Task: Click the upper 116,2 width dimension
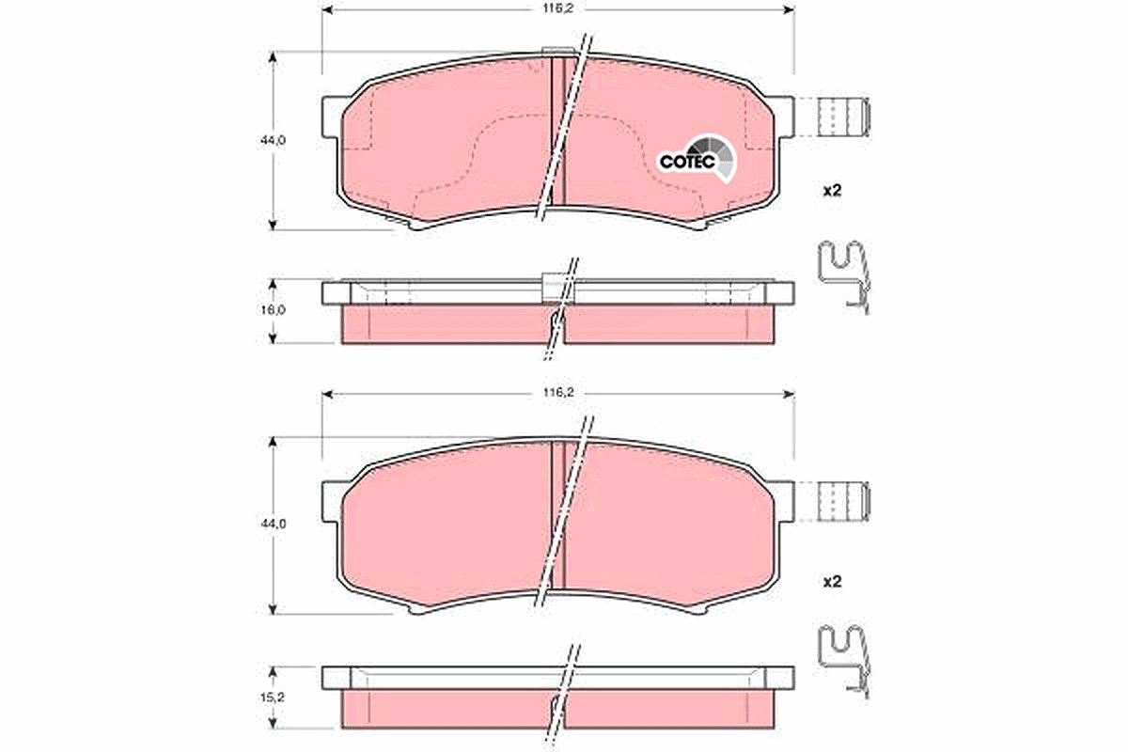point(558,9)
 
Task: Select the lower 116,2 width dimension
point(558,393)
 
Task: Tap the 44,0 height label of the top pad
point(273,140)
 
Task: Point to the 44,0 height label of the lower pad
point(273,525)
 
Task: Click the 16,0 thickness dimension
point(273,310)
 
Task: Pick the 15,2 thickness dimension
point(273,697)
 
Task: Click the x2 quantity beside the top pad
point(832,191)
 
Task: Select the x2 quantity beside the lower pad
point(832,582)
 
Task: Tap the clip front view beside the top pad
point(843,117)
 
